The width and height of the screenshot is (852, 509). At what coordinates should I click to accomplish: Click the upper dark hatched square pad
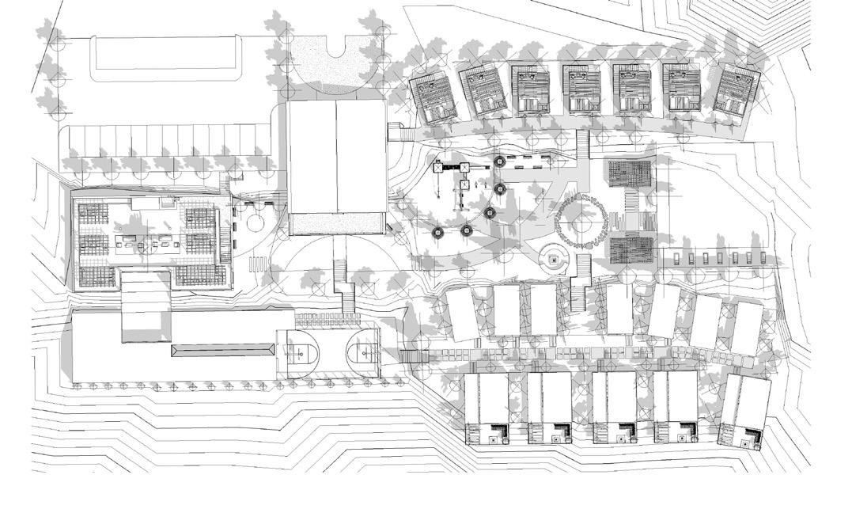coord(630,174)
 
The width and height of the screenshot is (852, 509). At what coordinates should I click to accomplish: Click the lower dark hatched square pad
coord(630,249)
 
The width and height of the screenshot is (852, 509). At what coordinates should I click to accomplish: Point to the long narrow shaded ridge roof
coord(223,349)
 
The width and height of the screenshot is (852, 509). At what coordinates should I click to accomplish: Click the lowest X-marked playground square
coord(464,184)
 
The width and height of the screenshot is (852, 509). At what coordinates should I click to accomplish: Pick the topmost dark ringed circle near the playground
coord(499,162)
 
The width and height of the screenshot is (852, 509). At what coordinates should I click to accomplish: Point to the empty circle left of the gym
coord(255,222)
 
